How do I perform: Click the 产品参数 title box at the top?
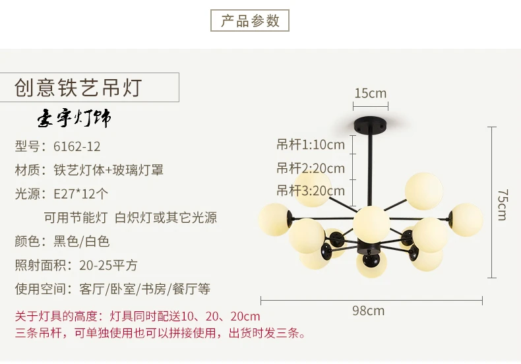coord(250,20)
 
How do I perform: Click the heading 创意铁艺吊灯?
coord(78,88)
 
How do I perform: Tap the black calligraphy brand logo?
coord(74,118)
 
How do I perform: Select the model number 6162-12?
coord(77,146)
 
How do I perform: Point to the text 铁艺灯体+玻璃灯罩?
coord(108,170)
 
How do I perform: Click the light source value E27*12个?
coord(80,194)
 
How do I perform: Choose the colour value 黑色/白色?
coord(81,241)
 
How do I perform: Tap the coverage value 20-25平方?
coord(108,265)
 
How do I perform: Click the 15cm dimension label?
coord(371,94)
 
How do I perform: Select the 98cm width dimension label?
coord(368,311)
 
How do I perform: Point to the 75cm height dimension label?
coord(503,204)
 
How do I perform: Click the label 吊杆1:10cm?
coord(311,144)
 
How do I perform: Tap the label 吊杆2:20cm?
coord(311,168)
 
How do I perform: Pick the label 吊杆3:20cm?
coord(311,191)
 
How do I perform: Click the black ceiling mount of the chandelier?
coord(371,123)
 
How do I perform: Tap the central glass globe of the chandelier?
coord(371,223)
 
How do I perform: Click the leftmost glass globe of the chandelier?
coord(274,220)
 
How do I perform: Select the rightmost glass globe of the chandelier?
coord(466,220)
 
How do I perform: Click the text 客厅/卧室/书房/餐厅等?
coord(144,289)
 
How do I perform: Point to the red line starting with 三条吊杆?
coord(160,332)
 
